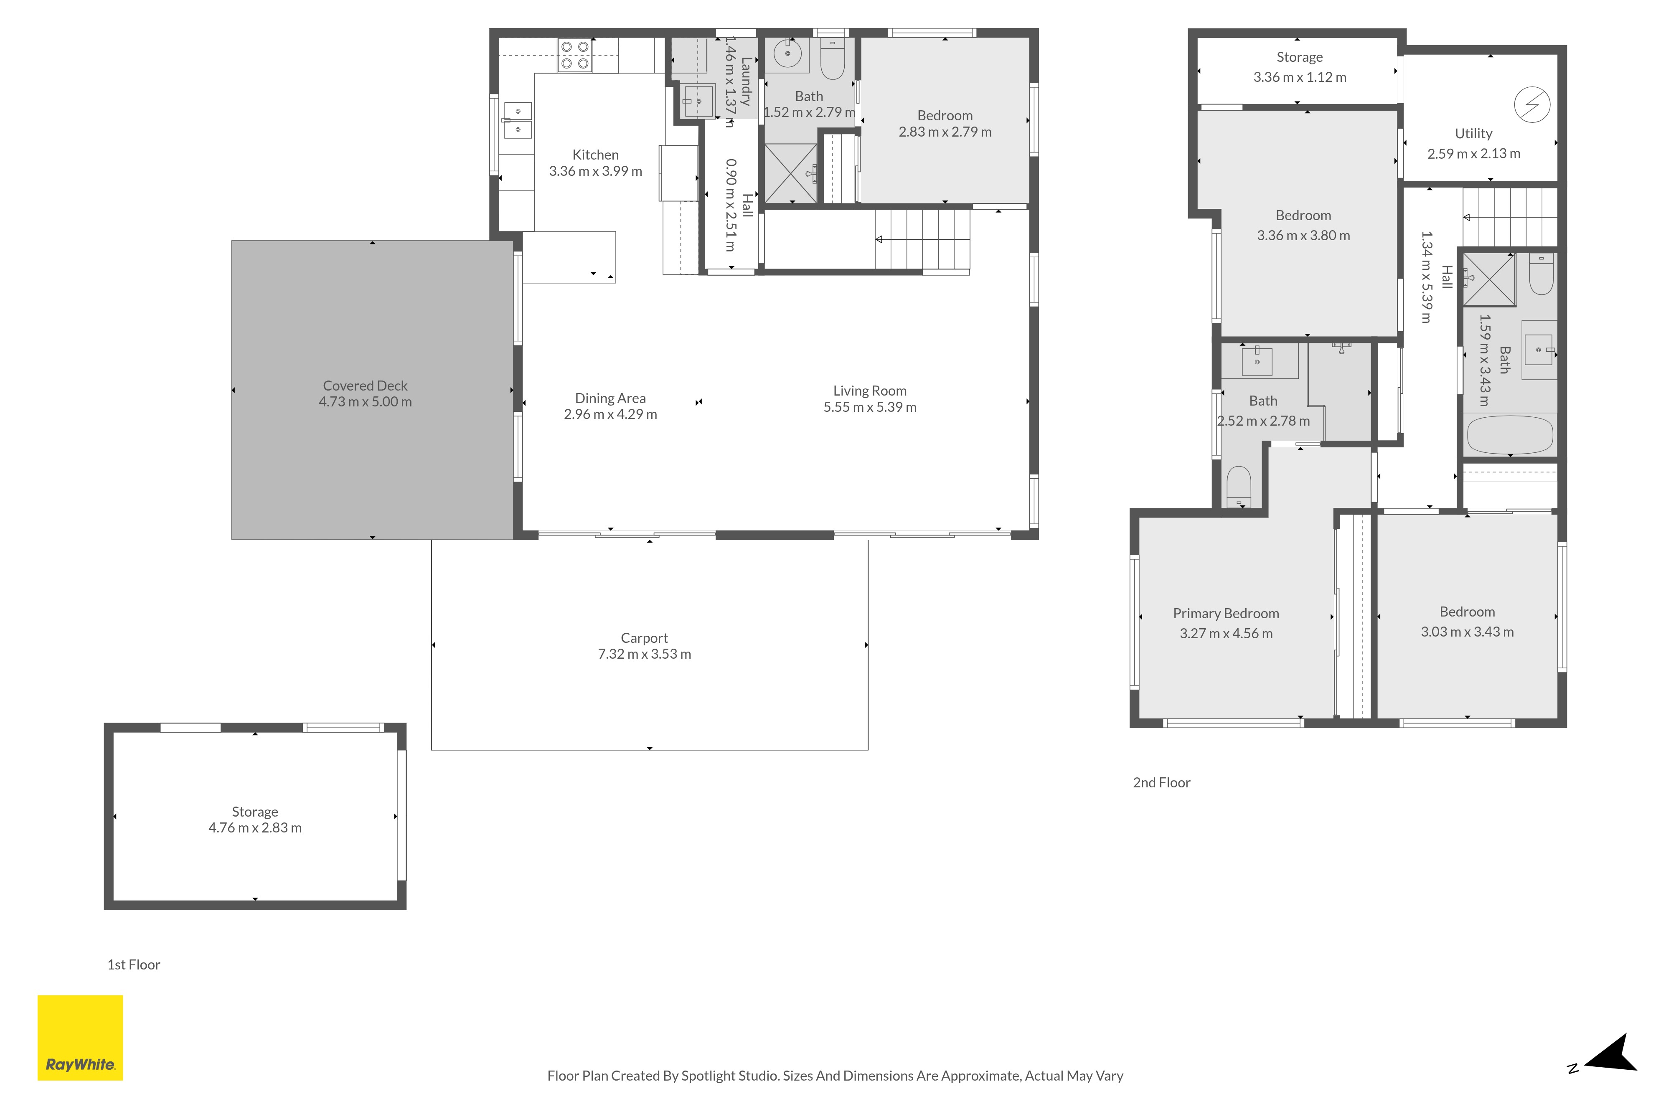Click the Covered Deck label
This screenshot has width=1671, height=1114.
point(365,386)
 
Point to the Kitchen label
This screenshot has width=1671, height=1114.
point(595,155)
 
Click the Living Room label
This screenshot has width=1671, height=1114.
point(870,391)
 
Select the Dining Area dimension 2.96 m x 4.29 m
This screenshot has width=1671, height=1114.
point(610,414)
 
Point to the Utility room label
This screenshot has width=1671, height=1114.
point(1473,134)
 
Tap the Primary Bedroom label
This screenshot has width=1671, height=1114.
point(1226,613)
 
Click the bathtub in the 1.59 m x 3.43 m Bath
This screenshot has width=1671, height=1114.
point(1510,435)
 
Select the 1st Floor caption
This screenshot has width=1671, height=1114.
point(134,965)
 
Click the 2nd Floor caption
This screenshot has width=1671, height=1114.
point(1162,783)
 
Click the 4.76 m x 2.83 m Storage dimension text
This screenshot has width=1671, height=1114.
point(255,828)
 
